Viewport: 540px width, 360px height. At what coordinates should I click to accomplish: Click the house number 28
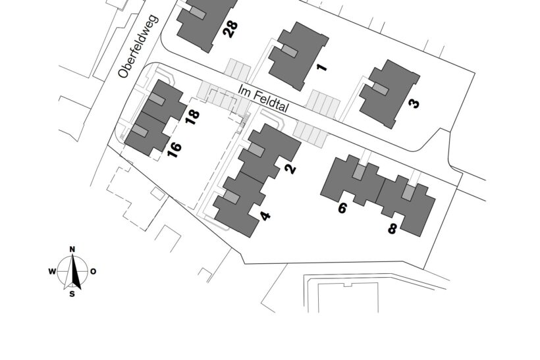pos(230,29)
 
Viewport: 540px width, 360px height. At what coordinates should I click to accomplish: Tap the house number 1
pos(321,66)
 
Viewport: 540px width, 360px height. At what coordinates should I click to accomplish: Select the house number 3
pos(415,103)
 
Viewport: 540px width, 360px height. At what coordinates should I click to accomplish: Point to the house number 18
pos(192,116)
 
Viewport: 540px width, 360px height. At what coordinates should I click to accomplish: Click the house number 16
pos(175,149)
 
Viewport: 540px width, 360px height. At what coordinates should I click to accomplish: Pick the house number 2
pos(290,168)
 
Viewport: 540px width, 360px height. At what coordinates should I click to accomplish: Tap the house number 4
pos(265,216)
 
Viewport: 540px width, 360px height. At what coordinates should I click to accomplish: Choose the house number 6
pos(342,208)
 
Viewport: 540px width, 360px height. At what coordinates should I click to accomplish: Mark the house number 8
pos(392,228)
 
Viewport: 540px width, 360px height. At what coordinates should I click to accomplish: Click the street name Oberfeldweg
pos(138,47)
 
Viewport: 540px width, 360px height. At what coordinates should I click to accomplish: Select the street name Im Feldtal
pos(263,99)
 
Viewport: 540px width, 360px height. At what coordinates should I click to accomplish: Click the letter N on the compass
pos(72,249)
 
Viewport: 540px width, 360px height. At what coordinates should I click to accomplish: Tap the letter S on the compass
pos(72,294)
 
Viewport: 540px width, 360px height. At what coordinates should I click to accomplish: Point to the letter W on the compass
pos(52,272)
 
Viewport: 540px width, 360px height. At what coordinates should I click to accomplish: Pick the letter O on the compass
pos(93,272)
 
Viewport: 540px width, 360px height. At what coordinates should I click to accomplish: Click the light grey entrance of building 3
pos(380,89)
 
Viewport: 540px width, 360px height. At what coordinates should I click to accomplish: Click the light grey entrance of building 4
pos(231,197)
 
